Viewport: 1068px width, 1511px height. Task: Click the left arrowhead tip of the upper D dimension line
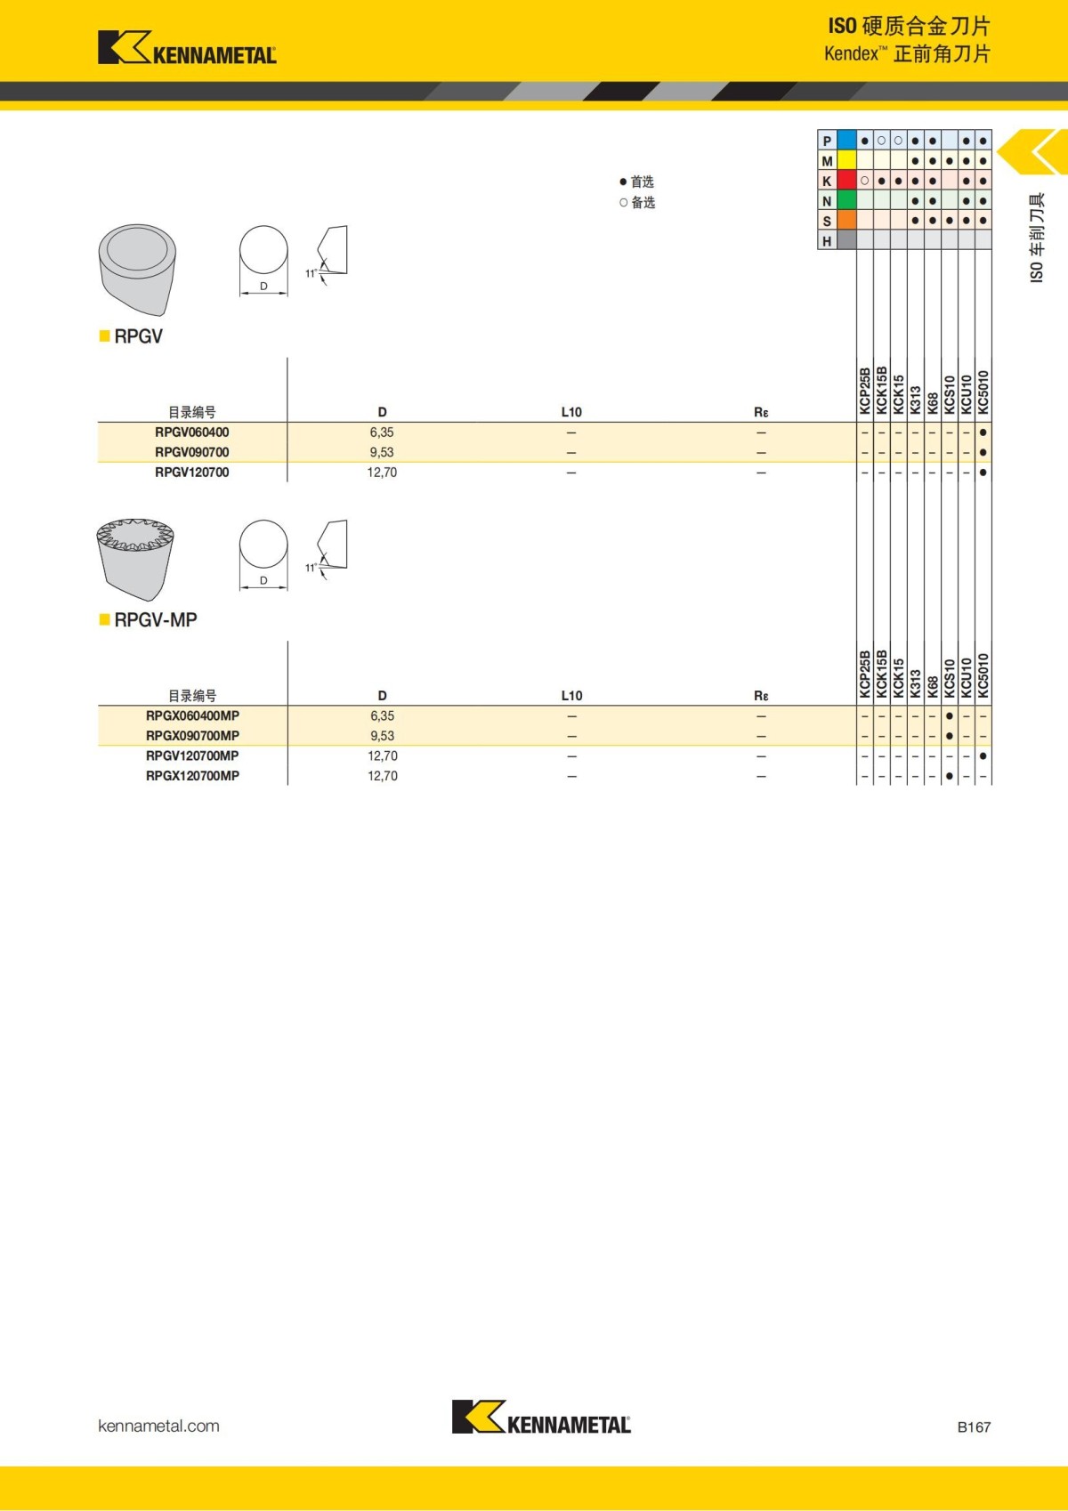click(241, 294)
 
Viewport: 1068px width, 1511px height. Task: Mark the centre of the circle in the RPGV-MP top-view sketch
click(263, 544)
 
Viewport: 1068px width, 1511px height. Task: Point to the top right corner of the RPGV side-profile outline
click(347, 227)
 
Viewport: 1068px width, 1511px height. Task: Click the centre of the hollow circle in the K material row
click(865, 181)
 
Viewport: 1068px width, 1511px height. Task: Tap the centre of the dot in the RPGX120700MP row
click(950, 776)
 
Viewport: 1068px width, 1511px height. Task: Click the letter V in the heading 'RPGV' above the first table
click(157, 336)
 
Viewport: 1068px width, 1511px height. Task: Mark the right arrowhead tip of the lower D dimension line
click(288, 586)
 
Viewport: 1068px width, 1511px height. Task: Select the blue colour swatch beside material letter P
click(846, 141)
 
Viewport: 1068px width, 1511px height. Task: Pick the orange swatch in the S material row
click(846, 221)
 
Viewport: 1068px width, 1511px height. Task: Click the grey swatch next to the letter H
click(846, 240)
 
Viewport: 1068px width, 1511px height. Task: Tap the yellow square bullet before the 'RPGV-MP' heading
click(104, 619)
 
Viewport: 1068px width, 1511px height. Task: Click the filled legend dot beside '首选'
click(623, 182)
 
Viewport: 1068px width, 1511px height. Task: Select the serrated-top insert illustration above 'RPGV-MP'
click(135, 559)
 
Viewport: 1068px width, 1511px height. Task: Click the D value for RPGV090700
click(382, 452)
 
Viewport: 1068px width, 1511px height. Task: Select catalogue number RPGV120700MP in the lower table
click(192, 755)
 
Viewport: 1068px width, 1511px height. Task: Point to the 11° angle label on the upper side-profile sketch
click(311, 273)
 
